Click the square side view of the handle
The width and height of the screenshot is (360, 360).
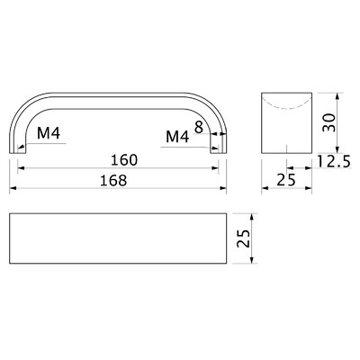click(x=286, y=121)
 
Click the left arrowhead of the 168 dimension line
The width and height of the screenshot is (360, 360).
click(x=13, y=189)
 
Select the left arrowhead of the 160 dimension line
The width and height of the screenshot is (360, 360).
click(x=20, y=169)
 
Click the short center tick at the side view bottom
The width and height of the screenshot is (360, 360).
click(x=286, y=147)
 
